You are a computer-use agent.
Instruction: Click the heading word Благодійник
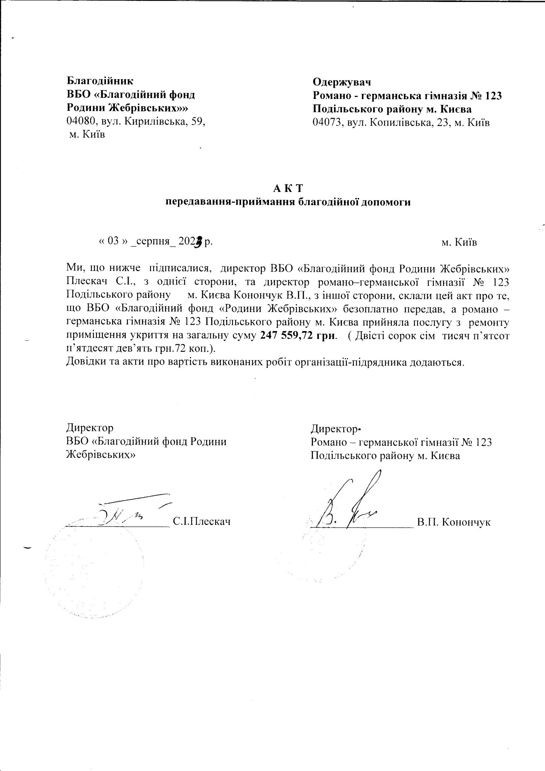pos(100,81)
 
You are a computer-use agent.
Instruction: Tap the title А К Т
pos(288,189)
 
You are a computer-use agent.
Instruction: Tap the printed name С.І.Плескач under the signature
pos(202,521)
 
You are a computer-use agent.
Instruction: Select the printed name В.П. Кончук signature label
pos(454,522)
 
